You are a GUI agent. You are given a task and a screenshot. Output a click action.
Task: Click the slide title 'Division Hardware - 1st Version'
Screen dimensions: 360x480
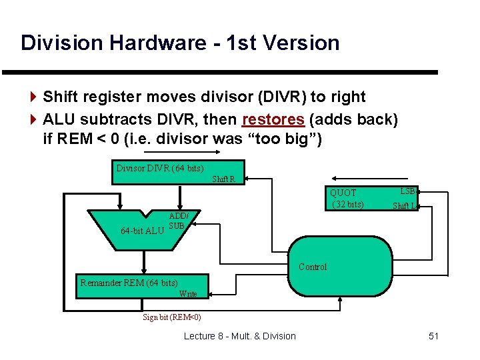click(180, 43)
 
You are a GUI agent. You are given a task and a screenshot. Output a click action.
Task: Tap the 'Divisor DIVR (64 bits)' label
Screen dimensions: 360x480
click(160, 168)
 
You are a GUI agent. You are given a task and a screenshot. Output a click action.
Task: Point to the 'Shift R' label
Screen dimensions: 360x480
click(223, 179)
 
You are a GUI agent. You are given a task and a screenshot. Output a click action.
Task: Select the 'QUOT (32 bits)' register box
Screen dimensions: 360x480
click(348, 198)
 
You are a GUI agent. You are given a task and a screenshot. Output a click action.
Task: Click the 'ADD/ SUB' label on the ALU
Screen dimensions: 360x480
click(178, 221)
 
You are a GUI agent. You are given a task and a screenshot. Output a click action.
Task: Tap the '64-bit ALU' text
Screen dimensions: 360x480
click(142, 231)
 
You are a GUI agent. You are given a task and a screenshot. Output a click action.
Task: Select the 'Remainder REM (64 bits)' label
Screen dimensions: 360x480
click(129, 283)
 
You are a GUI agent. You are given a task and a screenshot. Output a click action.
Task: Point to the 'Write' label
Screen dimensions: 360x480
click(188, 293)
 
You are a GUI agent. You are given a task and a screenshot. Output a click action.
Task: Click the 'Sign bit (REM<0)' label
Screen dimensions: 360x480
click(172, 317)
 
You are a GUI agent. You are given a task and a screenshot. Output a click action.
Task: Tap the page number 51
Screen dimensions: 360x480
click(433, 336)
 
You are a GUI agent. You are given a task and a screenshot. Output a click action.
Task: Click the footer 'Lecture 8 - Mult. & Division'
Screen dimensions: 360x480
click(239, 336)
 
